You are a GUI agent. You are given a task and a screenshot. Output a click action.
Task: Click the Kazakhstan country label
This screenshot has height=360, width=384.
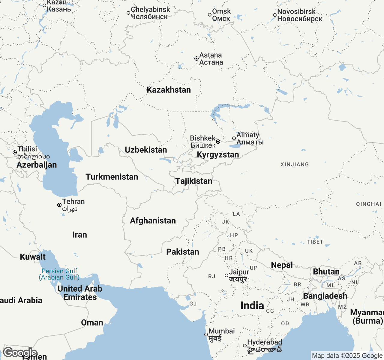(x=169, y=90)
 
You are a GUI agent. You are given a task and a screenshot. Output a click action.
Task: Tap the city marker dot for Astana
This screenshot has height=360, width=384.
(x=196, y=58)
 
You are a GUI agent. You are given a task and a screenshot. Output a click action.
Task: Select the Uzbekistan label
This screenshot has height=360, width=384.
(x=146, y=150)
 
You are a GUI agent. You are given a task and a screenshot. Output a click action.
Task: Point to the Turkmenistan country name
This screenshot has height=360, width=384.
(x=112, y=177)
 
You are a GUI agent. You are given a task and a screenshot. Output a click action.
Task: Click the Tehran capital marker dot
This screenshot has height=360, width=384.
(x=59, y=205)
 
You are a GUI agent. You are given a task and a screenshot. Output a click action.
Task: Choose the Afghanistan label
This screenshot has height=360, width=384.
(x=153, y=220)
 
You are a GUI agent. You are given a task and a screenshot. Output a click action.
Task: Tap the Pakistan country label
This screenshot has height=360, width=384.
(x=183, y=252)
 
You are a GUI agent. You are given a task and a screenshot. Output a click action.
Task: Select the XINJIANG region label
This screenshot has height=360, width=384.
(x=294, y=164)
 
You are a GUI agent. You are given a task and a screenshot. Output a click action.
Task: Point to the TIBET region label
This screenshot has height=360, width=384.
(x=315, y=242)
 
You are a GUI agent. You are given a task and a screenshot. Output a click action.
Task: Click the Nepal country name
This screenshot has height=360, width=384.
(x=282, y=265)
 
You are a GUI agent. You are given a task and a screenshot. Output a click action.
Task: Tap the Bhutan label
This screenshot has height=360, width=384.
(x=326, y=271)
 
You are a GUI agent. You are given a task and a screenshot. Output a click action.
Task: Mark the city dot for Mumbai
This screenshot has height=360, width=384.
(x=206, y=334)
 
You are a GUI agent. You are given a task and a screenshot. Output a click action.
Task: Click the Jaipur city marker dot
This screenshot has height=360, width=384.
(x=226, y=275)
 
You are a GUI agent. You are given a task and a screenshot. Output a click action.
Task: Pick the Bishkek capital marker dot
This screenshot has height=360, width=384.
(x=218, y=142)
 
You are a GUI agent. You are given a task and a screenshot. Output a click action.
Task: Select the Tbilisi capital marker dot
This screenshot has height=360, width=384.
(x=14, y=152)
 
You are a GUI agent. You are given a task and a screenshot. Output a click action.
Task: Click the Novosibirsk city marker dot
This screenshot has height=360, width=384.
(x=274, y=15)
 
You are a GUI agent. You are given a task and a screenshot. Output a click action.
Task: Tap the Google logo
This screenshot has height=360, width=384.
(x=20, y=353)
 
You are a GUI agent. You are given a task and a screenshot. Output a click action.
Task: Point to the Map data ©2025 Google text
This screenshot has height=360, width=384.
(x=347, y=356)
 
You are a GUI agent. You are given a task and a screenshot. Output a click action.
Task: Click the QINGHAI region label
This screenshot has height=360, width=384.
(x=368, y=204)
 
